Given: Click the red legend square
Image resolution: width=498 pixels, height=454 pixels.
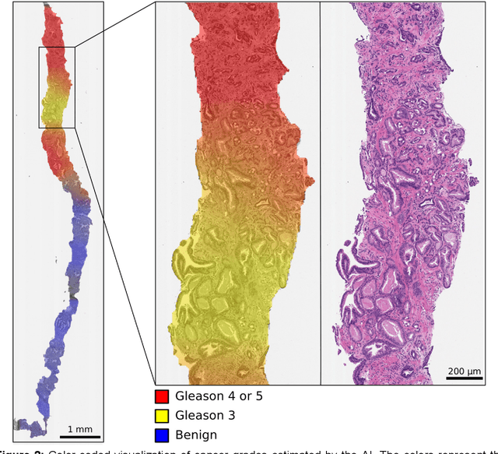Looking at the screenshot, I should pos(162,396).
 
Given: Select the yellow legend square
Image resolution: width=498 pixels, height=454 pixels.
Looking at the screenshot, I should pos(162,416).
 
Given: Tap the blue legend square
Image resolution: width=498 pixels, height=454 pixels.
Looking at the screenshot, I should pos(162,435).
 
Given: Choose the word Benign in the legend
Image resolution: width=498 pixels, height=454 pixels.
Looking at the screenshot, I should pos(195,435).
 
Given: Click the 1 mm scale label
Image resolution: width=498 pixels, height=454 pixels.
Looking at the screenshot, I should pos(80,429).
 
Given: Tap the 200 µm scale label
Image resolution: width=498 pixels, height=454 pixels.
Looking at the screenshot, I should pos(464,371).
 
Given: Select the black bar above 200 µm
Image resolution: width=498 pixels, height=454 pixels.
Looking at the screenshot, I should pos(465,379).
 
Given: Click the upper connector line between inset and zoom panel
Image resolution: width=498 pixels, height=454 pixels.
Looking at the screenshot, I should pos(114,25).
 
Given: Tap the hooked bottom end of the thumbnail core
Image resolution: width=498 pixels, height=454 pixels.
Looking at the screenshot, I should pos(27,425).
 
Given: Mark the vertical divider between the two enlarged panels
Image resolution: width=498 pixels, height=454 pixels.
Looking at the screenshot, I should pos(321,195).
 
